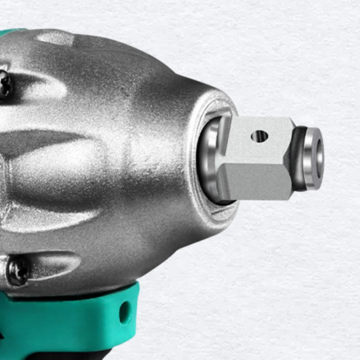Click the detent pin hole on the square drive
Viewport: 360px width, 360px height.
pos(259,136)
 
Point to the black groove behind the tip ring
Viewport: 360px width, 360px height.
pos(298,158)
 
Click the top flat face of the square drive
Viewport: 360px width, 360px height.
pos(257,140)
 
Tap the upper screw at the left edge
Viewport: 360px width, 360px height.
pos(4,83)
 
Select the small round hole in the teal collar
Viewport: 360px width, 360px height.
pos(125,312)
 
